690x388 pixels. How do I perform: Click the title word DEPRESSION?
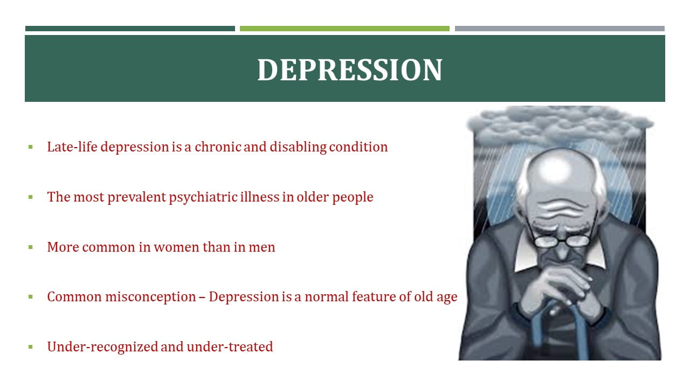click(x=350, y=70)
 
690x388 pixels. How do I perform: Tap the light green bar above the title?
click(x=344, y=29)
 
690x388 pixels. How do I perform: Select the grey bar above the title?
click(x=560, y=29)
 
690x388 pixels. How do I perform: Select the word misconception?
click(x=150, y=297)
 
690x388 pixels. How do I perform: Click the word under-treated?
click(x=230, y=347)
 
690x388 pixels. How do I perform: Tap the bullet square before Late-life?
click(x=31, y=147)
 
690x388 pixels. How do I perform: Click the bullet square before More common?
click(x=31, y=247)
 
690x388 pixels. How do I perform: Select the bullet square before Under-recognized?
click(x=31, y=347)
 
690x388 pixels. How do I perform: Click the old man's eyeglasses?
click(x=562, y=240)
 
